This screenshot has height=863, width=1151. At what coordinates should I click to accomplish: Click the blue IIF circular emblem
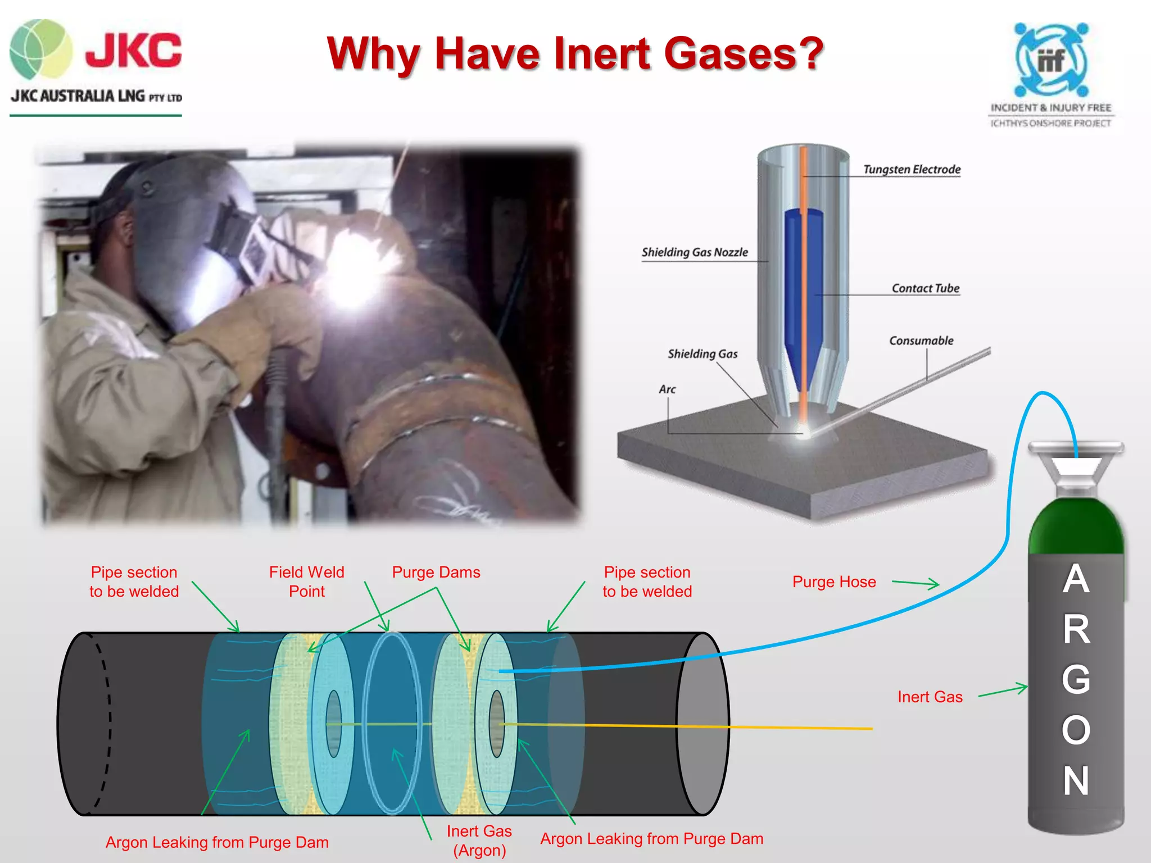click(x=1051, y=59)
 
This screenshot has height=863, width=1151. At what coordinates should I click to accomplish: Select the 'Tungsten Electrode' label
click(x=912, y=169)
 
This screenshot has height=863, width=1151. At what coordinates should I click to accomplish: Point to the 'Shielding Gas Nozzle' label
click(x=695, y=252)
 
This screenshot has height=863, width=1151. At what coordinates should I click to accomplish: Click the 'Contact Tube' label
click(x=925, y=288)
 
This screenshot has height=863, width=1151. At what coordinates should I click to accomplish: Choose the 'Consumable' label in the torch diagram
click(x=921, y=340)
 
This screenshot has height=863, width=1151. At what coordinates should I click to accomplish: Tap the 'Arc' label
click(x=667, y=389)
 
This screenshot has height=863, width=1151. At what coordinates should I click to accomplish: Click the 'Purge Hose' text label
click(x=834, y=582)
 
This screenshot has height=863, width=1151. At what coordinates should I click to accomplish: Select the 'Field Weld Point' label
click(x=306, y=582)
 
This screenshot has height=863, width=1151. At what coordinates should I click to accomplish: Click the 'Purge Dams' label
click(x=436, y=573)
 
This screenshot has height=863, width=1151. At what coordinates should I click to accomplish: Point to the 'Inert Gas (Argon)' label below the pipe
click(x=479, y=841)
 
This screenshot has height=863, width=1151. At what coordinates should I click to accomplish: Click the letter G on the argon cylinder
click(x=1076, y=679)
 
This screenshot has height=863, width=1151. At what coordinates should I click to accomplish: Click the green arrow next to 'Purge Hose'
click(x=916, y=583)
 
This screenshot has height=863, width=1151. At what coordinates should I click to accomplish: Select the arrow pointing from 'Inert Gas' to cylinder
click(x=1003, y=691)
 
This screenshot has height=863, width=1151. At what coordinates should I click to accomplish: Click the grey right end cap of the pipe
click(x=703, y=724)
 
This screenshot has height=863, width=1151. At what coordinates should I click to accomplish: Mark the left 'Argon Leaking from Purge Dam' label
click(x=217, y=842)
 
